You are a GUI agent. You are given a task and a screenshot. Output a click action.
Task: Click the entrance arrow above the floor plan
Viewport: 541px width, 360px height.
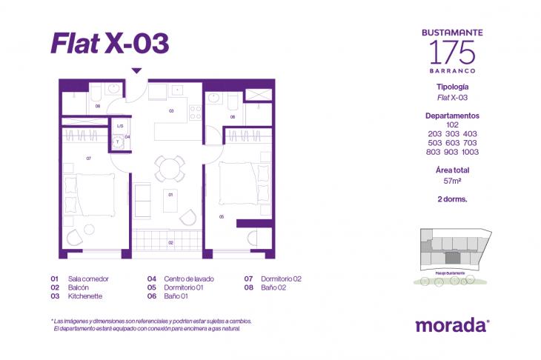[136, 71]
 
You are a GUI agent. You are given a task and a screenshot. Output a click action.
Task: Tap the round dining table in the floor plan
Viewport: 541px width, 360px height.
[170, 167]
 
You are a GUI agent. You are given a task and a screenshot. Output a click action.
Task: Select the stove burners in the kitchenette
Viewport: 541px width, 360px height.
[196, 112]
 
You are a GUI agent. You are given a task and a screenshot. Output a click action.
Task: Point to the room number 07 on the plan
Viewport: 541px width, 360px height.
[88, 159]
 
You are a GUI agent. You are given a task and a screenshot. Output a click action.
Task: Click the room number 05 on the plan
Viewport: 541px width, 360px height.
[222, 216]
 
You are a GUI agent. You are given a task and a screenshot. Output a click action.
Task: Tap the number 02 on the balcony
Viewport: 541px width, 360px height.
[170, 242]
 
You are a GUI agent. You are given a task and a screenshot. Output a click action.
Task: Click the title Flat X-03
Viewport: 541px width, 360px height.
[110, 43]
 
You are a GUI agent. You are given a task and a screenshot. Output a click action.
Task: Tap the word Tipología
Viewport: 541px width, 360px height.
[452, 87]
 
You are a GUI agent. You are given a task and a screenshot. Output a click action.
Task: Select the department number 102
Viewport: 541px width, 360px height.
[452, 125]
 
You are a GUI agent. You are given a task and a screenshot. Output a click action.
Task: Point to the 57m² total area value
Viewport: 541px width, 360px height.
[452, 180]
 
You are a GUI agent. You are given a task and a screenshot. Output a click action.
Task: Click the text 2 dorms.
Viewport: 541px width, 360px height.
[452, 199]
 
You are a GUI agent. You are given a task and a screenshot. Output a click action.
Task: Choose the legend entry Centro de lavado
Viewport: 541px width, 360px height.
[190, 279]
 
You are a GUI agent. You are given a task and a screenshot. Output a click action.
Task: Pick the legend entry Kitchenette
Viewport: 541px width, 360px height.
[84, 296]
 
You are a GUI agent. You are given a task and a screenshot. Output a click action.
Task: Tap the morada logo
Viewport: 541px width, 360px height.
[451, 324]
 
